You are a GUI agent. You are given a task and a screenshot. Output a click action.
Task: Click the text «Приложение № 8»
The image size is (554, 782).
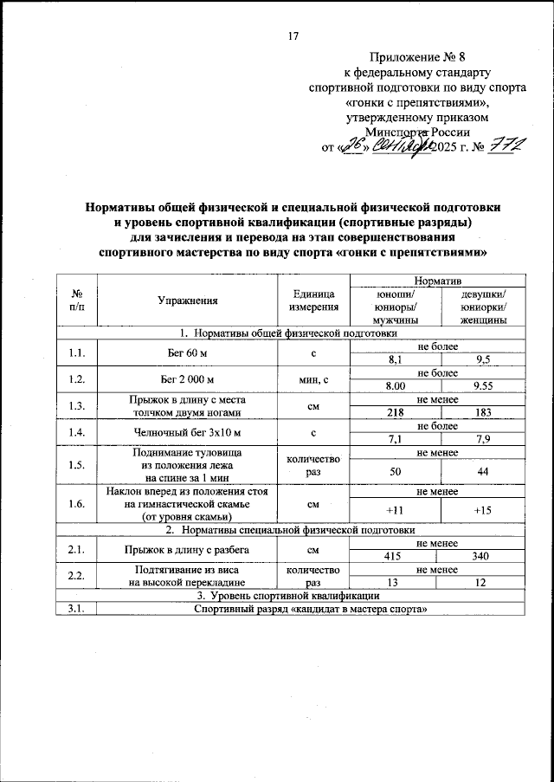click(417, 57)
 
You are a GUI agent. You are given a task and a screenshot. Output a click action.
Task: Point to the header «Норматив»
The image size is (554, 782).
click(438, 281)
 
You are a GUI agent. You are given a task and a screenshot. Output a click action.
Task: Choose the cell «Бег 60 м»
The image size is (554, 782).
click(187, 354)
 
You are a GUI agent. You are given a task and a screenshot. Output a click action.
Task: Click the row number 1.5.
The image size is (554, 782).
click(76, 465)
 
